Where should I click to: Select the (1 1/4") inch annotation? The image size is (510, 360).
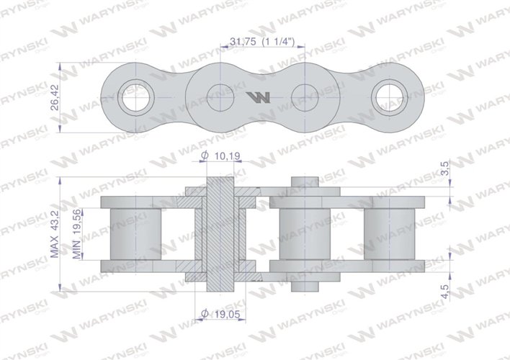279,41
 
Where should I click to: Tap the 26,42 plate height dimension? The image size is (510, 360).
55,97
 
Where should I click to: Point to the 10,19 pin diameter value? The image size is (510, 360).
228,156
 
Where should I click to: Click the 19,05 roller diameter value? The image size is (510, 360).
227,314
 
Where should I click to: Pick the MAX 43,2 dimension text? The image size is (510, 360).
55,234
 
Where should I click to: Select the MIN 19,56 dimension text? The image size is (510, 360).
77,234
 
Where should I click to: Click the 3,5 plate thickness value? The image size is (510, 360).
445,168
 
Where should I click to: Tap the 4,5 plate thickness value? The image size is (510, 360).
445,292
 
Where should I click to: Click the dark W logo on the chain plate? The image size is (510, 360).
259,97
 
